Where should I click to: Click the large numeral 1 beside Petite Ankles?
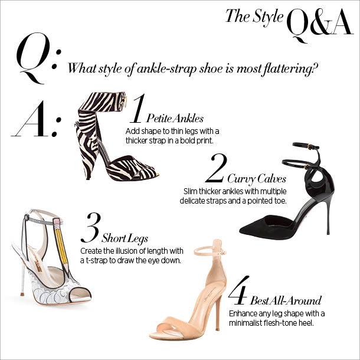click(138, 108)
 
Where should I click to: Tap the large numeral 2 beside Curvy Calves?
click(217, 168)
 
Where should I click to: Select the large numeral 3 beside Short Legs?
click(91, 228)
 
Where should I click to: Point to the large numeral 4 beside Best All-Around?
click(239, 290)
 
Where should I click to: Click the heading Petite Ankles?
click(175, 119)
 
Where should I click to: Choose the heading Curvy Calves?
click(257, 179)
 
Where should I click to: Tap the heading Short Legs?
click(125, 238)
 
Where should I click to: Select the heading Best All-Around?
click(286, 300)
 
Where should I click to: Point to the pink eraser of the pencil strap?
click(57, 221)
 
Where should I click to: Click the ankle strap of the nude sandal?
click(210, 251)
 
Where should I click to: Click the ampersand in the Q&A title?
click(320, 22)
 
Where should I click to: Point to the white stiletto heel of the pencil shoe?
click(23, 281)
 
